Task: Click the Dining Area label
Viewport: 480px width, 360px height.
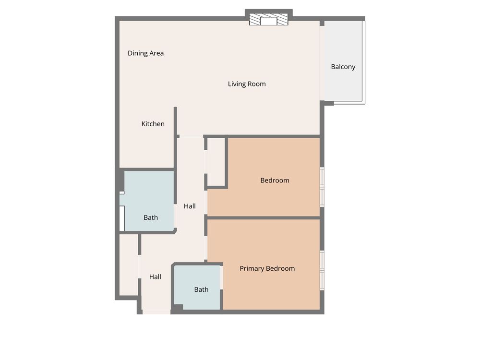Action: (x=146, y=53)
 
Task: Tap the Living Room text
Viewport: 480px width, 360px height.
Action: (x=247, y=84)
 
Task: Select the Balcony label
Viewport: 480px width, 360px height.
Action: (x=343, y=67)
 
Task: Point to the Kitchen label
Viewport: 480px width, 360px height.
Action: (x=153, y=124)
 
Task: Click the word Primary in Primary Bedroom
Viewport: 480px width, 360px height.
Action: (x=252, y=268)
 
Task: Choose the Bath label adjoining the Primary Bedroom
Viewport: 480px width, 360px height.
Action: (x=201, y=289)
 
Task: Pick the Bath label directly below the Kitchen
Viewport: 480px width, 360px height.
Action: (x=151, y=217)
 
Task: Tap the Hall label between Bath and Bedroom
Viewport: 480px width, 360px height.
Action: (x=190, y=206)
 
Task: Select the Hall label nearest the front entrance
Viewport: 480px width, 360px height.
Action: (x=155, y=277)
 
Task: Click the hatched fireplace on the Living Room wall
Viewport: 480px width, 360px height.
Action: (x=268, y=19)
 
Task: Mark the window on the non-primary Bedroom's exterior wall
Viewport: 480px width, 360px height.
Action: (x=322, y=187)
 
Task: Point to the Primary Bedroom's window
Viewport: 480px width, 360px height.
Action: (x=322, y=270)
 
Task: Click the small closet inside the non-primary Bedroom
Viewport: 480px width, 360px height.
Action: (x=216, y=162)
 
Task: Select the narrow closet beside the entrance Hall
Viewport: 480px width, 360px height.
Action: (x=129, y=265)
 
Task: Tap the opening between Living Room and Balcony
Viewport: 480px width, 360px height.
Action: (x=322, y=63)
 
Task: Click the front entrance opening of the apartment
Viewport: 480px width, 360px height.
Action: (x=156, y=312)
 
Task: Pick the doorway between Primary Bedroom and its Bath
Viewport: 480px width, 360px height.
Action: (x=221, y=277)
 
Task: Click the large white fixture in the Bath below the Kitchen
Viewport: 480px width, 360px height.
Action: (x=122, y=218)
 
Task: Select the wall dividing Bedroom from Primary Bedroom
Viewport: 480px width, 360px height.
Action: (x=264, y=217)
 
